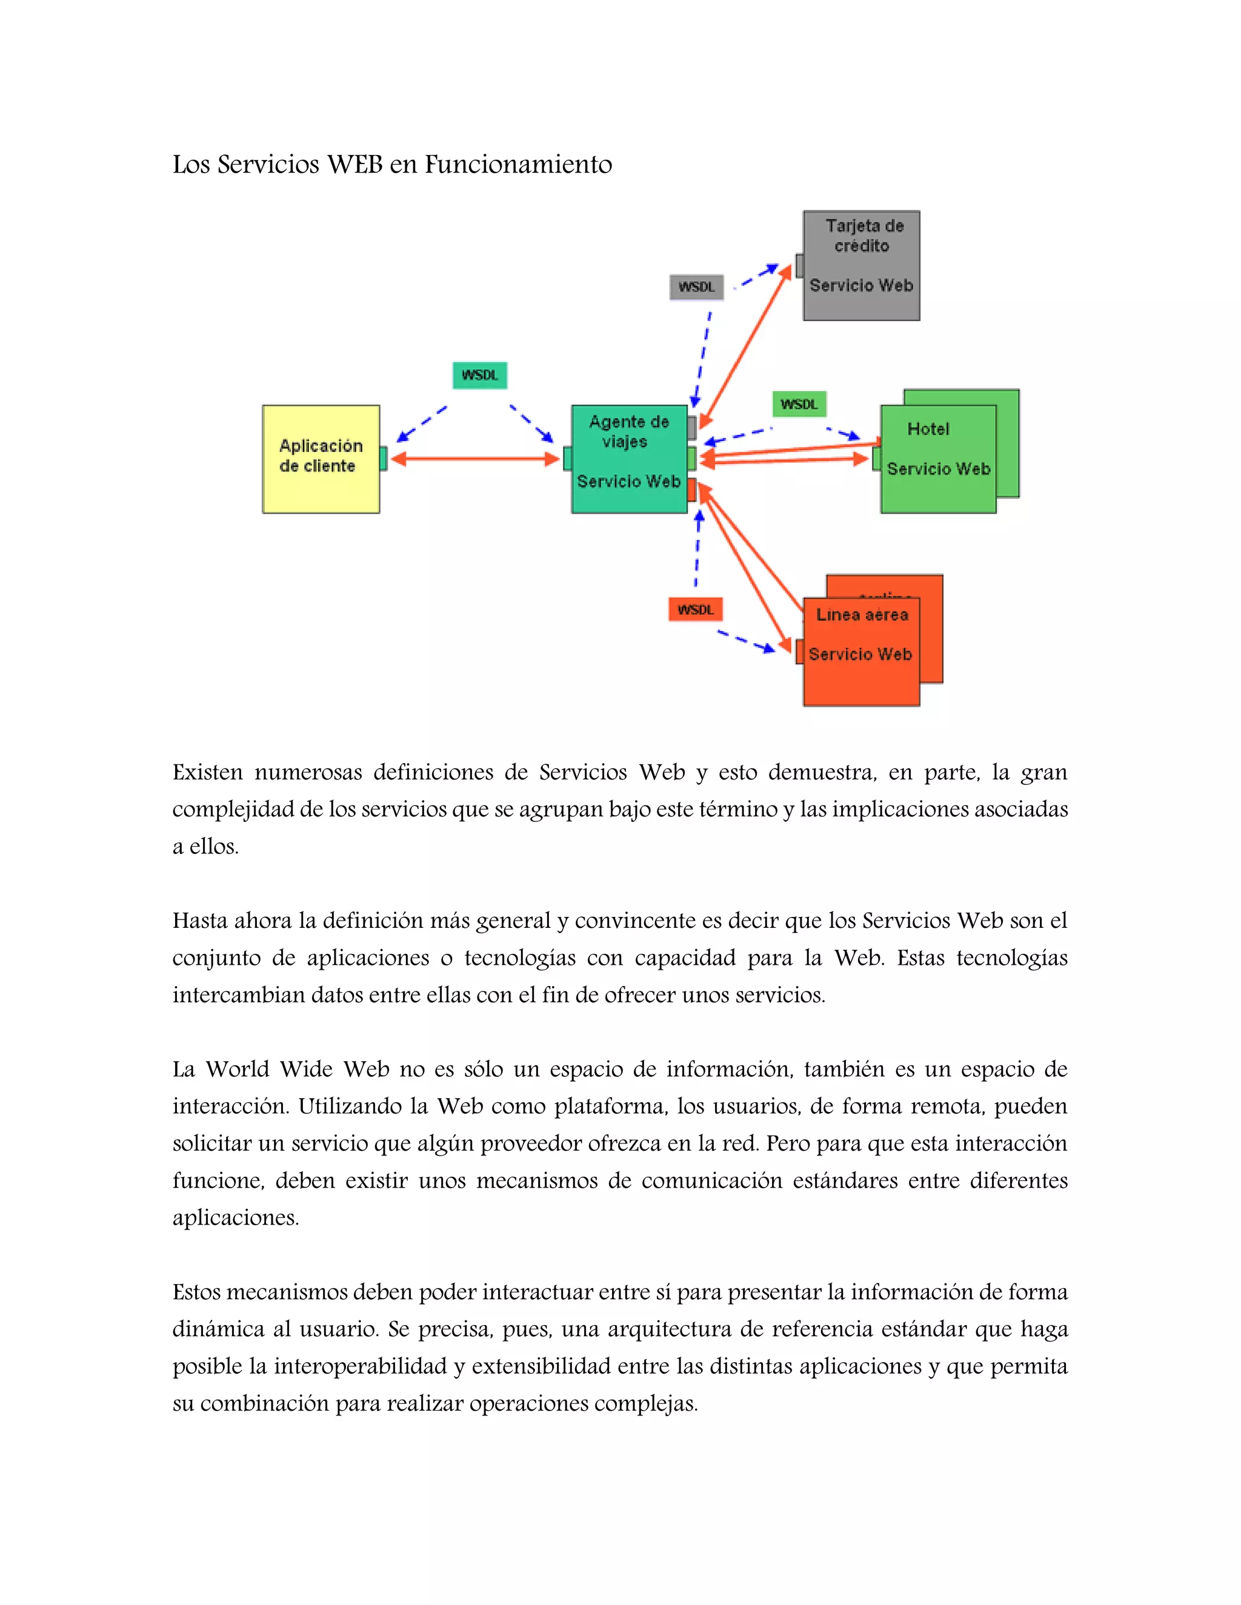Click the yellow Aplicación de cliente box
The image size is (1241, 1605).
321,458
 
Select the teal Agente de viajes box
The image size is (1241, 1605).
628,458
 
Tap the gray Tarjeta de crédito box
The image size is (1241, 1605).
861,265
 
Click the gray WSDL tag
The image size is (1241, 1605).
696,286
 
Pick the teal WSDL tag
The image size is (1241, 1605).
479,375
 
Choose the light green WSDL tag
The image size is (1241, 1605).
799,404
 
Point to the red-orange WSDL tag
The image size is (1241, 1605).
696,609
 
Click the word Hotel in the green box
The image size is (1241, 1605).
928,429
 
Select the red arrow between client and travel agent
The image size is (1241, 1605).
475,459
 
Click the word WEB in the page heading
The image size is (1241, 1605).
354,165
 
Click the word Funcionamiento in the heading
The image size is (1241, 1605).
518,165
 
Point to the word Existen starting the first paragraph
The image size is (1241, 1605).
207,772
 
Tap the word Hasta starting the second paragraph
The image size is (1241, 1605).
200,921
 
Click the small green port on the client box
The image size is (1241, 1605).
383,458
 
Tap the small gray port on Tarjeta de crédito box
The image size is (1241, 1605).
799,266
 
